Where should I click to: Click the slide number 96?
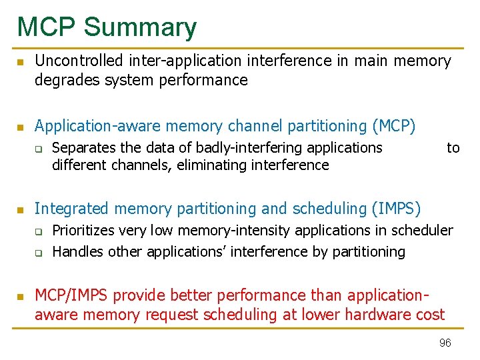tap(445, 343)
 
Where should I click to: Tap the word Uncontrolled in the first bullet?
tap(79, 61)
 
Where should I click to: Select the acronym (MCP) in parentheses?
tap(394, 126)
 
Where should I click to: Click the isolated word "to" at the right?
tap(453, 147)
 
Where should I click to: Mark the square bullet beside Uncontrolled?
tap(21, 62)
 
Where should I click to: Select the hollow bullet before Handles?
tap(39, 253)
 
